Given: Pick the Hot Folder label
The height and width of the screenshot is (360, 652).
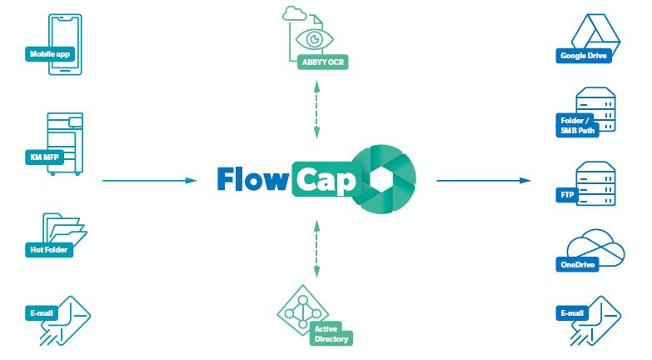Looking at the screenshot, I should point(48,248).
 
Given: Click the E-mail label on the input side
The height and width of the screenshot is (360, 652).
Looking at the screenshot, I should point(41,313).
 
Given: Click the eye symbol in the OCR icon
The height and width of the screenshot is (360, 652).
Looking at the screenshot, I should point(315,40).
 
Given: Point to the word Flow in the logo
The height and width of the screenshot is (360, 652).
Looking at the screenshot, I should point(252,178).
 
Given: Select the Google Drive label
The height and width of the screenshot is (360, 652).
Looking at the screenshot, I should point(585,57).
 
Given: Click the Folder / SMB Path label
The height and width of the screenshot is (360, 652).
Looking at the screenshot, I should point(578,126).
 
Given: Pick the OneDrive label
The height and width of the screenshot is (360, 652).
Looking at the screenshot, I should point(576,265).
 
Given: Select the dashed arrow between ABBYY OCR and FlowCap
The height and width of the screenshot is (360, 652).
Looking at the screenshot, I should point(316,107).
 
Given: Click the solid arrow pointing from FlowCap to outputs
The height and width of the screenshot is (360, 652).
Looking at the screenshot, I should point(483,180).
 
